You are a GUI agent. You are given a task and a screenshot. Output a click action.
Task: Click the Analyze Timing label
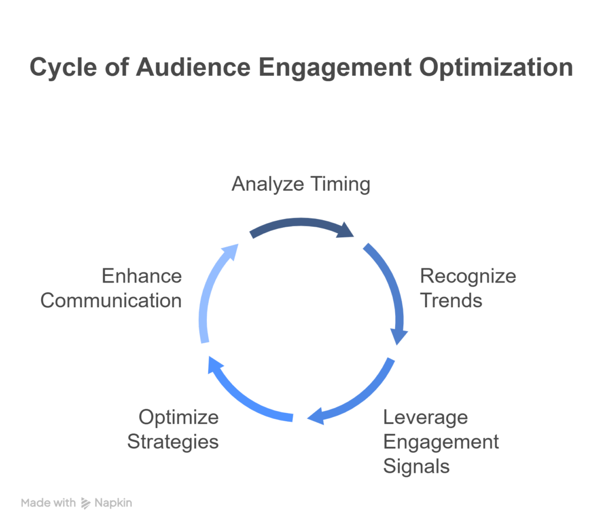[301, 184]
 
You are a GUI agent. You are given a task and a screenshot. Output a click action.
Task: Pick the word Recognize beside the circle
[468, 277]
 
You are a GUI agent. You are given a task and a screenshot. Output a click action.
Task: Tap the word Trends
[451, 300]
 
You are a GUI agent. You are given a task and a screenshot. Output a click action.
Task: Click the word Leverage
[426, 418]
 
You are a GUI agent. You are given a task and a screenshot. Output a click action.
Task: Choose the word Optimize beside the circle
[179, 418]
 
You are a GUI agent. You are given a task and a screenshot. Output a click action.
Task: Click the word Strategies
[173, 442]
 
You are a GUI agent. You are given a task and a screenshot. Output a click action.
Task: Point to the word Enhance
[142, 276]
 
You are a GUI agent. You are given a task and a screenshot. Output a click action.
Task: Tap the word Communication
[111, 300]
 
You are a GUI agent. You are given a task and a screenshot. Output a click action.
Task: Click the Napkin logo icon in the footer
[86, 503]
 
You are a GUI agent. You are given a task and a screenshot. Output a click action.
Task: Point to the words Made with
[48, 503]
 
